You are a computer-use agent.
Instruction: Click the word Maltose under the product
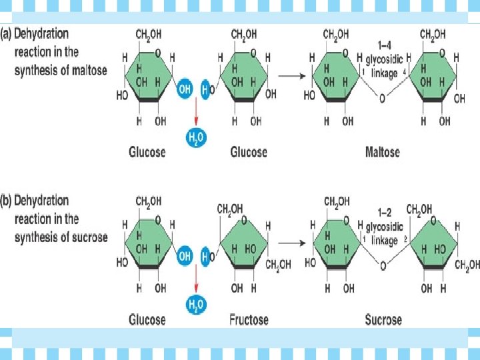pyautogui.click(x=382, y=152)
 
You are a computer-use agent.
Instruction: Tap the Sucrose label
pyautogui.click(x=383, y=320)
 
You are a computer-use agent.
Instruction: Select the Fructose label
pyautogui.click(x=249, y=320)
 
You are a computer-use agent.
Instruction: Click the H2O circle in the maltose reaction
pyautogui.click(x=196, y=138)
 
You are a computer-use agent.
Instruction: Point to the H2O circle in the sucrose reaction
pyautogui.click(x=196, y=306)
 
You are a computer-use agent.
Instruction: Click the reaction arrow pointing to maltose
pyautogui.click(x=289, y=75)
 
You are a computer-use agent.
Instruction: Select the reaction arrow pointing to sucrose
pyautogui.click(x=289, y=243)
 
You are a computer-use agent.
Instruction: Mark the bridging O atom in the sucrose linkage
pyautogui.click(x=382, y=267)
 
